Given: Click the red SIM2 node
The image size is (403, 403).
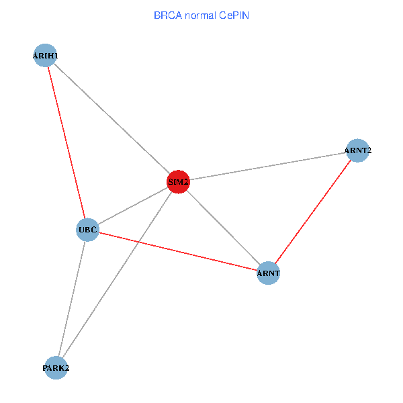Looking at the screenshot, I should [x=178, y=181].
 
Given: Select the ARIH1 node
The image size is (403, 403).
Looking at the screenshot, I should [x=45, y=56].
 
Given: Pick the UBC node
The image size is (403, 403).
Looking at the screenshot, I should [x=88, y=230].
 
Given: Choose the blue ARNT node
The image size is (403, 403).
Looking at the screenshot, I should [x=268, y=273].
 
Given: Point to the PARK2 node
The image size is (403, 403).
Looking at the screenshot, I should [x=56, y=367].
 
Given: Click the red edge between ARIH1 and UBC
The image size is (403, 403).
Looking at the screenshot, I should [x=66, y=142].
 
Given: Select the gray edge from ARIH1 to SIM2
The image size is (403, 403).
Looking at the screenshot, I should [x=111, y=118].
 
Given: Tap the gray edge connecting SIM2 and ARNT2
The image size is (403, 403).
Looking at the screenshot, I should [x=267, y=166].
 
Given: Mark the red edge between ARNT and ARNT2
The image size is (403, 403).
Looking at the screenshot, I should [x=312, y=212].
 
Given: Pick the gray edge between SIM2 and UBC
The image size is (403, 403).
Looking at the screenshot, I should [x=133, y=206].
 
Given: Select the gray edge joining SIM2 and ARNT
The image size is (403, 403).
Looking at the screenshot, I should [x=223, y=227].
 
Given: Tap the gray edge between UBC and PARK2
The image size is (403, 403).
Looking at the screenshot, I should [x=72, y=298].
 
